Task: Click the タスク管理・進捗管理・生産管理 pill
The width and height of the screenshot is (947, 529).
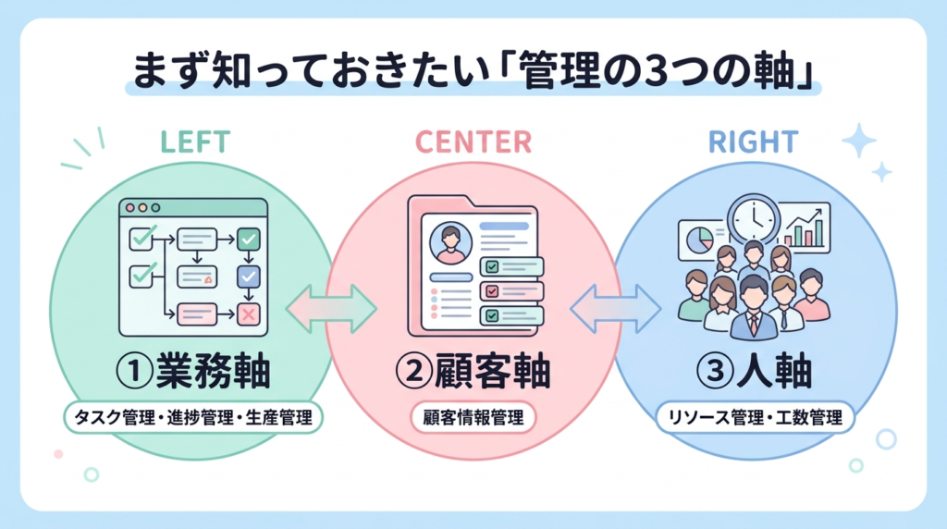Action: pyautogui.click(x=194, y=418)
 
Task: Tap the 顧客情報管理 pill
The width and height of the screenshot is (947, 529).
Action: pyautogui.click(x=473, y=418)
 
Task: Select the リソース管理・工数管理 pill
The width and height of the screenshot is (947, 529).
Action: pyautogui.click(x=755, y=418)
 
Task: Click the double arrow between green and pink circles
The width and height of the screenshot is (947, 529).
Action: pyautogui.click(x=330, y=309)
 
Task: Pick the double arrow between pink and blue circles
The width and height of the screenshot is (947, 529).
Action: pyautogui.click(x=615, y=309)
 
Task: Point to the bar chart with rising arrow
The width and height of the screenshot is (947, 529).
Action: pyautogui.click(x=806, y=227)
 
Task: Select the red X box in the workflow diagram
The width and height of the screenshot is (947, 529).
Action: pyautogui.click(x=249, y=314)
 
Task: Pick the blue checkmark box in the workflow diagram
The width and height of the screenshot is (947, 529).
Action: pyautogui.click(x=249, y=277)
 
